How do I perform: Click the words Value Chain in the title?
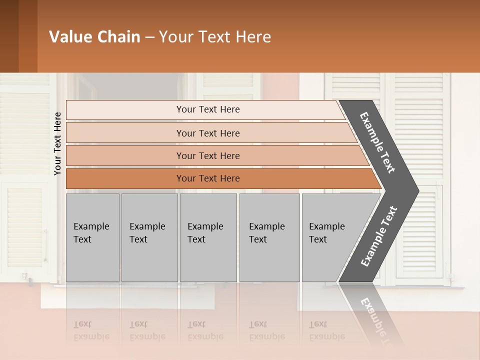click(94, 37)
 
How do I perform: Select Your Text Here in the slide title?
click(215, 37)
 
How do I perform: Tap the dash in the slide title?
click(149, 37)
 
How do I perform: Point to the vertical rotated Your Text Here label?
click(57, 143)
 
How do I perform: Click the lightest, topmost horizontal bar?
click(207, 109)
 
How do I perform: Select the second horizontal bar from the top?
click(207, 133)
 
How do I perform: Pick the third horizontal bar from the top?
click(207, 155)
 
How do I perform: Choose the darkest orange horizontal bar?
click(207, 178)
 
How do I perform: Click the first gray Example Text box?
click(92, 237)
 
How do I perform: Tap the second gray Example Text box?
click(149, 237)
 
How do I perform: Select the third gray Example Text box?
click(208, 237)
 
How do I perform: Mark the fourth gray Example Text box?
click(269, 237)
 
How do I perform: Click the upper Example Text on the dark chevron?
click(378, 142)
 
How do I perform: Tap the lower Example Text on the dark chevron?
click(379, 236)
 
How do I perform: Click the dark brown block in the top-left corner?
click(18, 36)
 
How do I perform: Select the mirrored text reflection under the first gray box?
click(91, 330)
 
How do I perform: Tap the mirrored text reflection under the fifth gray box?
click(326, 330)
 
